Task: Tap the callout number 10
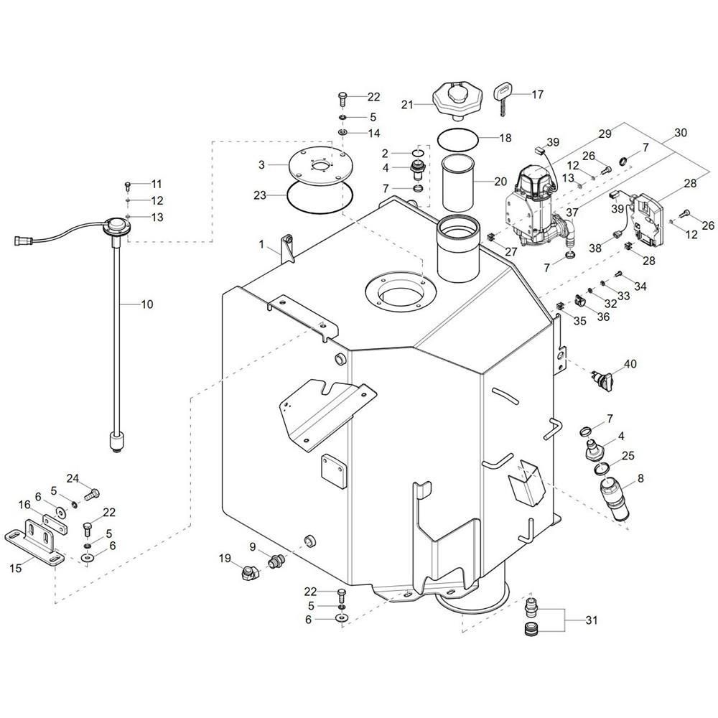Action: click(x=147, y=304)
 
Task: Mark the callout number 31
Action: click(x=592, y=620)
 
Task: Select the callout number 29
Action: click(x=605, y=134)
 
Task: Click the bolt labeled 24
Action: click(x=92, y=494)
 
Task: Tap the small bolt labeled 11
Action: click(x=129, y=185)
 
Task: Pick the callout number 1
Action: click(x=261, y=245)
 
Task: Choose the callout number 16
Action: click(x=24, y=505)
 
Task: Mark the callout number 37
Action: click(x=572, y=213)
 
